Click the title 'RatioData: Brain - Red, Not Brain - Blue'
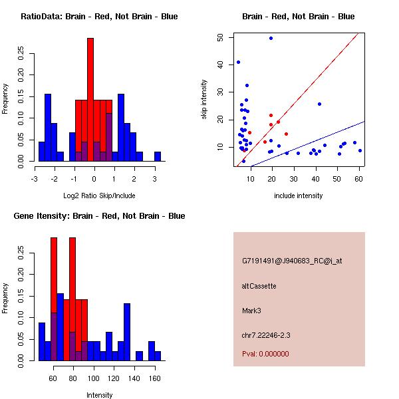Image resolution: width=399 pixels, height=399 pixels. tap(99, 17)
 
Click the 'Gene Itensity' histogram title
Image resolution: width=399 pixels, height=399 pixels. tap(99, 216)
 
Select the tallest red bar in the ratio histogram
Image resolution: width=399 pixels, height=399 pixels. tap(90, 100)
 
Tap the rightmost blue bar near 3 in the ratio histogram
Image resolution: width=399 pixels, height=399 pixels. tap(158, 156)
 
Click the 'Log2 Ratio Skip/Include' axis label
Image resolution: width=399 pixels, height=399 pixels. tap(98, 196)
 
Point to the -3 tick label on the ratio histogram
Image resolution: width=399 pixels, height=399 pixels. tap(35, 179)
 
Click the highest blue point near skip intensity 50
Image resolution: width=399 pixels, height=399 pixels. tap(271, 38)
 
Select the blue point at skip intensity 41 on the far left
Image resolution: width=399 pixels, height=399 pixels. tap(238, 63)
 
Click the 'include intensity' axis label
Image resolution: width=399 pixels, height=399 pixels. tap(299, 196)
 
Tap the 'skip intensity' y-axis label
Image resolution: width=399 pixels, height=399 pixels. tap(204, 100)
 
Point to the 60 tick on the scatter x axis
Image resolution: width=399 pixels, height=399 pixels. tap(359, 179)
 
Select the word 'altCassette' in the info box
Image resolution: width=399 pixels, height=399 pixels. tap(259, 286)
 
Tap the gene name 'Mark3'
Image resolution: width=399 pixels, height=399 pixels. tap(251, 311)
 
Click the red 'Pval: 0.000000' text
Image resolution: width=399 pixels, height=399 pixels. tap(265, 354)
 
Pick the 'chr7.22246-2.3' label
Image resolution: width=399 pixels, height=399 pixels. tap(266, 335)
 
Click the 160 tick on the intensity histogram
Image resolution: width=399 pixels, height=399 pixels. tap(154, 378)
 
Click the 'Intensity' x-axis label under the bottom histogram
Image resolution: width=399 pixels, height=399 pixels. tap(99, 395)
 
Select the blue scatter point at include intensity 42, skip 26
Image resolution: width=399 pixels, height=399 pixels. tap(319, 104)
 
